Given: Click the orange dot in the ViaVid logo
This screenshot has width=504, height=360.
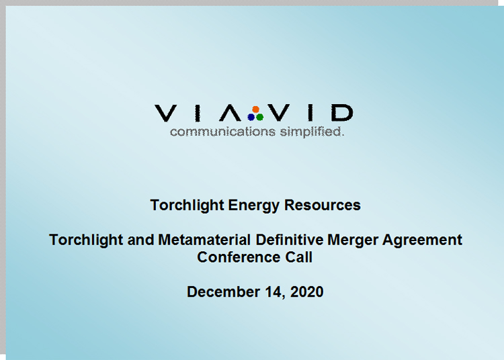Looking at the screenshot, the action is coord(256,109).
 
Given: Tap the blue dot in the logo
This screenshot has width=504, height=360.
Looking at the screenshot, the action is coord(251,118).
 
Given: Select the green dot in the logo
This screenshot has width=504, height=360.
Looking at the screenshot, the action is coord(260,118).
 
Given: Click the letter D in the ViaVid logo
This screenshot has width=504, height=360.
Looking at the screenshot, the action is coord(342,113).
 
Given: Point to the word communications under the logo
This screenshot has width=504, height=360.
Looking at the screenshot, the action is coord(222,132).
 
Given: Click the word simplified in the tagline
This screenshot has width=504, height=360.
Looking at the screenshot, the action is coord(312,132).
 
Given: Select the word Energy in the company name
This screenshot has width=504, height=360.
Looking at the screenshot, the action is coord(253,206).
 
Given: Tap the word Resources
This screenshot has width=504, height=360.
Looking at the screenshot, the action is coord(323,205).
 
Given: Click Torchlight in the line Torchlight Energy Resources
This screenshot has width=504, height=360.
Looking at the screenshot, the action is coord(187,206).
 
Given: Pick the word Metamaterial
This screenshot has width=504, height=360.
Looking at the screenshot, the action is coord(204,240).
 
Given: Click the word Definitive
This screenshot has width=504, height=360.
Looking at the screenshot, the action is coord(289,240).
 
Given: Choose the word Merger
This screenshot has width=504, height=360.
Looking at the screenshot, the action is coord(353,240).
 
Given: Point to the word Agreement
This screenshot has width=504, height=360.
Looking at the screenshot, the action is coord(422,240).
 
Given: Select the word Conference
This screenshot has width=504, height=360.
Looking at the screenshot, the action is coord(239,257).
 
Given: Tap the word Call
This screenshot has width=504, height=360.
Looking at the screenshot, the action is coord(298,257).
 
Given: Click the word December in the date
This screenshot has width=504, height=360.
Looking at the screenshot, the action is coord(223,291).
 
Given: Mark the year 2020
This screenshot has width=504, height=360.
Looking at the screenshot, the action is coord(306,291).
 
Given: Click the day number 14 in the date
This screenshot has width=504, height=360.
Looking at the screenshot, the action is coord(274,292).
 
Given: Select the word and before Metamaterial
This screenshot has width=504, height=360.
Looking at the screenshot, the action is coord(140,240).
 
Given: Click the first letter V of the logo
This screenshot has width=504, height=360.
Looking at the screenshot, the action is coord(165,114).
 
